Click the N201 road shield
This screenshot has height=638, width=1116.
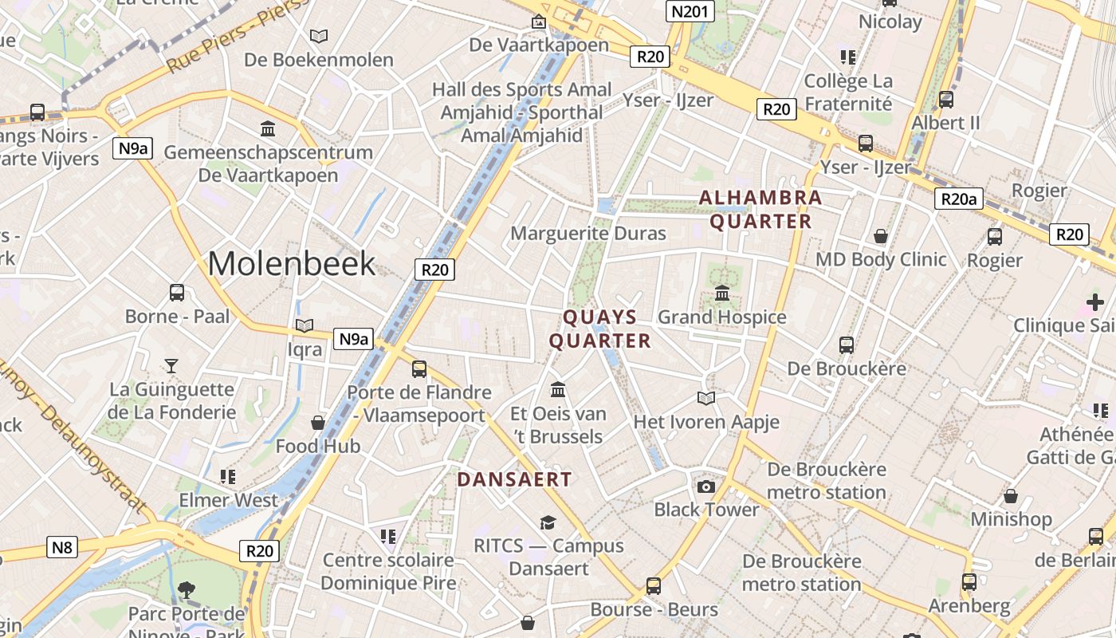point(690,11)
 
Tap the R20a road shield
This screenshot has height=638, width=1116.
point(958,199)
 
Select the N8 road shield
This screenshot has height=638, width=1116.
point(62,547)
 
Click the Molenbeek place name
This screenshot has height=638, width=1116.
point(291,264)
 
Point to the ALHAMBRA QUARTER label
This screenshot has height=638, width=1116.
point(760,209)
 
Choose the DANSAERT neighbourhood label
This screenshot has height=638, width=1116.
point(514,479)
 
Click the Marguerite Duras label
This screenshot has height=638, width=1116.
point(588,234)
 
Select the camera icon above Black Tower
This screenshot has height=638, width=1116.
point(705,486)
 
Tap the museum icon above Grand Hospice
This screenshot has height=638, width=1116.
point(722,293)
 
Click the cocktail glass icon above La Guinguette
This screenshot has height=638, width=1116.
point(171,366)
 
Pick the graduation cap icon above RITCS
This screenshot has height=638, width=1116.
point(548,522)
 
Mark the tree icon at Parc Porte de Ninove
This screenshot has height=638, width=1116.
point(187,590)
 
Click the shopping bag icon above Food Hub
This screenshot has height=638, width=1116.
point(318,423)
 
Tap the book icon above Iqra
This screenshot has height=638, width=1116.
point(304,325)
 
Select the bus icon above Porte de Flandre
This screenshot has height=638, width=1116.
point(419,369)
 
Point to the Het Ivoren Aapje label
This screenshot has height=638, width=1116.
point(706,422)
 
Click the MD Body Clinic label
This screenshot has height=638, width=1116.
point(881,259)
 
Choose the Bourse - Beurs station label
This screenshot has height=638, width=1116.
point(654,610)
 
